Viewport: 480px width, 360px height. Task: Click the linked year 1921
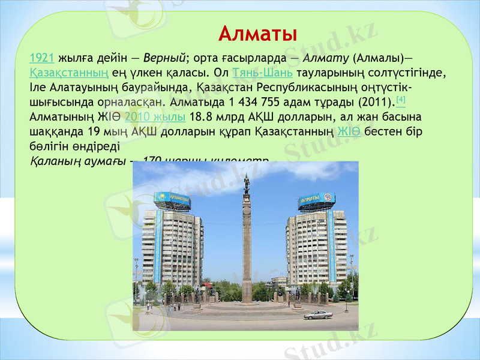(42, 59)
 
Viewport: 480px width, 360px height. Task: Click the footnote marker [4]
(401, 98)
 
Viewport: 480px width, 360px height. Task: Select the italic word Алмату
(326, 59)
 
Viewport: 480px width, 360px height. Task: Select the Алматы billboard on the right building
(316, 200)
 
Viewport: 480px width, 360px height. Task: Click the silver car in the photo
(317, 314)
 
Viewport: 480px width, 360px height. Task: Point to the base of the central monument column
(247, 294)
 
